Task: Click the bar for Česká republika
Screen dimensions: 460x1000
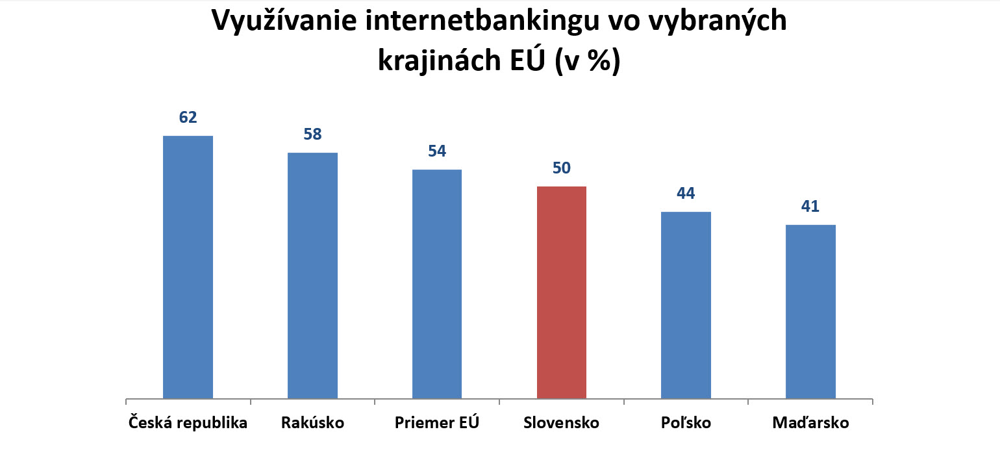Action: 188,266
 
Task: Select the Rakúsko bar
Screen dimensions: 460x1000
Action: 312,275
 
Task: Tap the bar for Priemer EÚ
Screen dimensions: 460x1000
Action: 437,284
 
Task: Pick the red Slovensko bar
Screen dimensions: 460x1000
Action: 562,292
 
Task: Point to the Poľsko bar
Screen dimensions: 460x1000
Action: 686,305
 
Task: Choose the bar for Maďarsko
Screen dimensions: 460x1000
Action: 810,311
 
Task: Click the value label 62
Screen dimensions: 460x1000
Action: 188,118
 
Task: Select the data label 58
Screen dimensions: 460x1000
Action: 312,134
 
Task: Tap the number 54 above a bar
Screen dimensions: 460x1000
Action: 437,151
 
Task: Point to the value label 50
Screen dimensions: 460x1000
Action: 562,168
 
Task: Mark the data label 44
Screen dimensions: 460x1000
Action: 686,194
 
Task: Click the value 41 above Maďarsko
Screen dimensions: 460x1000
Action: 810,207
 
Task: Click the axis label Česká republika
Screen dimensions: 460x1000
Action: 188,423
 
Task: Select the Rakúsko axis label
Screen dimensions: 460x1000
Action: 312,423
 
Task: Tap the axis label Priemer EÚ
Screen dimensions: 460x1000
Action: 437,423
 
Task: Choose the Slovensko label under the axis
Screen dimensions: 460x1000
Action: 562,423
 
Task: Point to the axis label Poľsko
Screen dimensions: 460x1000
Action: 686,423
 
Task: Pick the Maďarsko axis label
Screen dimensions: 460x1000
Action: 810,423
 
